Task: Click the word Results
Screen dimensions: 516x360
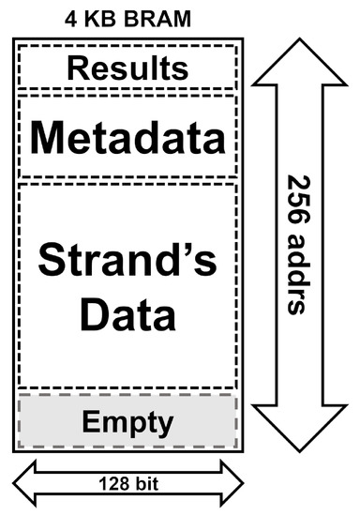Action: [127, 68]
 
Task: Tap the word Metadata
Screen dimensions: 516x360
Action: [127, 138]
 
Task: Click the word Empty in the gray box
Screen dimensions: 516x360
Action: [127, 421]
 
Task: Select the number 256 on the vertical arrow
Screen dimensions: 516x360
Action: [298, 199]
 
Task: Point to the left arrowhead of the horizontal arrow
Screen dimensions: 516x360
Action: [24, 483]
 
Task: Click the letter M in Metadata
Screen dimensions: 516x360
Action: [46, 138]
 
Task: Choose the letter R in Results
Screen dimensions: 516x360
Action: [77, 68]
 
